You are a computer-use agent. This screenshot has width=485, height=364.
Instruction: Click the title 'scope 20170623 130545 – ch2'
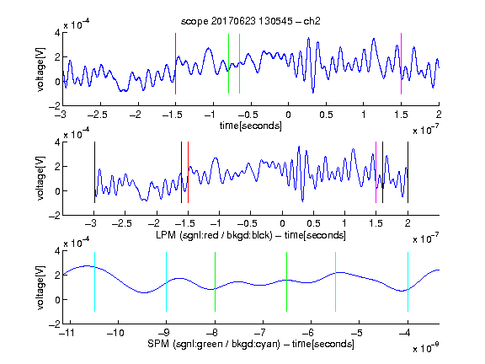pos(251,21)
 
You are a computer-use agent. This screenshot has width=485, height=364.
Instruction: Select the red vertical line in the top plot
pos(175,63)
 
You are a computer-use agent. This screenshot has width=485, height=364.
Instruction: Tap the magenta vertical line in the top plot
pos(401,63)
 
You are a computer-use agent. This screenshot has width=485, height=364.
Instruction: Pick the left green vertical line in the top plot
pos(228,63)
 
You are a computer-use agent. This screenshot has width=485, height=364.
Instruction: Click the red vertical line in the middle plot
pos(188,172)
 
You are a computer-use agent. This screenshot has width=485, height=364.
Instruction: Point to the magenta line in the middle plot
pos(376,172)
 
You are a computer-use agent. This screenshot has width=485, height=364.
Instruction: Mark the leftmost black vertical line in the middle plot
pos(94,172)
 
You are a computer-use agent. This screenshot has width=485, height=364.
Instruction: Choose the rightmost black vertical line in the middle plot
pos(408,172)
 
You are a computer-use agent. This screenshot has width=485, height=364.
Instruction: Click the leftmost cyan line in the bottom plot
pos(94,281)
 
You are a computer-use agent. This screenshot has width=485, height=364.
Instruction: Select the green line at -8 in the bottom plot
pos(215,281)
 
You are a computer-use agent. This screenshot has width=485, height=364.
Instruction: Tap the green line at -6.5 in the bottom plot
pos(287,281)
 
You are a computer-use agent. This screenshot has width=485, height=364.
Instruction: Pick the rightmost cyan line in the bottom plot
pos(408,281)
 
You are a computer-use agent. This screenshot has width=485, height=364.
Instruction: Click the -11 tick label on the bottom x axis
pos(67,333)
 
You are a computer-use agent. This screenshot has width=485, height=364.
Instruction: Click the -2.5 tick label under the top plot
pos(97,115)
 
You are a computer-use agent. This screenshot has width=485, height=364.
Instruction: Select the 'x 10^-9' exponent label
pos(426,347)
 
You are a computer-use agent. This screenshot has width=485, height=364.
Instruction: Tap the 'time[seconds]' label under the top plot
pos(251,126)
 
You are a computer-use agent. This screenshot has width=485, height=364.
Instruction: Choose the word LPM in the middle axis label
pos(166,235)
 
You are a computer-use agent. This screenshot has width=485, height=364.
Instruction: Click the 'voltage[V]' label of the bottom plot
pos(40,287)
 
